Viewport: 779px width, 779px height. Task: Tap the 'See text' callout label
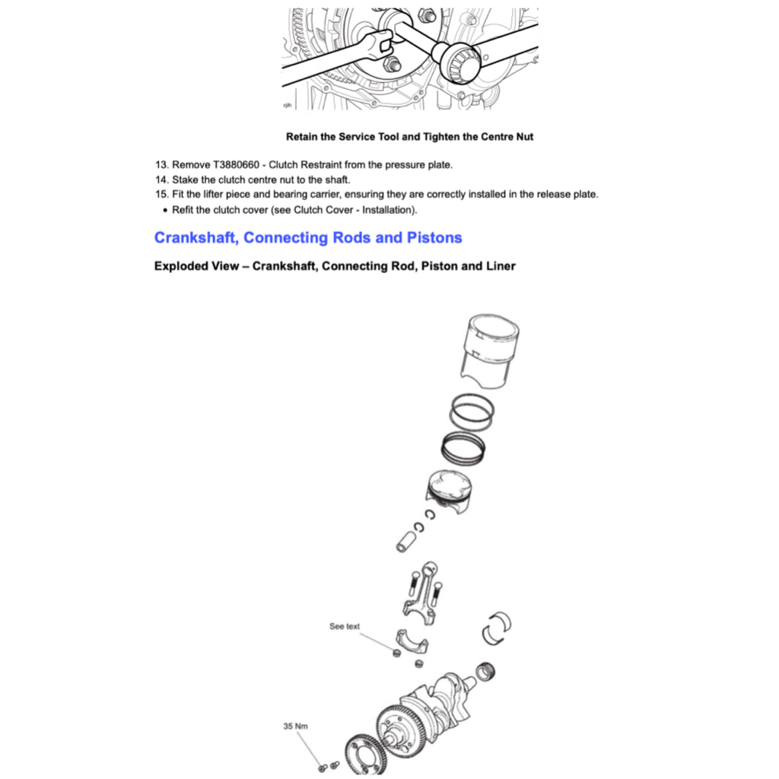tap(345, 626)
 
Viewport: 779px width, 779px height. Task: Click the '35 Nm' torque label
tap(295, 727)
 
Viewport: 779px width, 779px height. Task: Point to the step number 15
tap(161, 194)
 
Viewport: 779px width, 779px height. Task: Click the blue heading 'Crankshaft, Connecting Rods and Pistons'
tap(308, 237)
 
